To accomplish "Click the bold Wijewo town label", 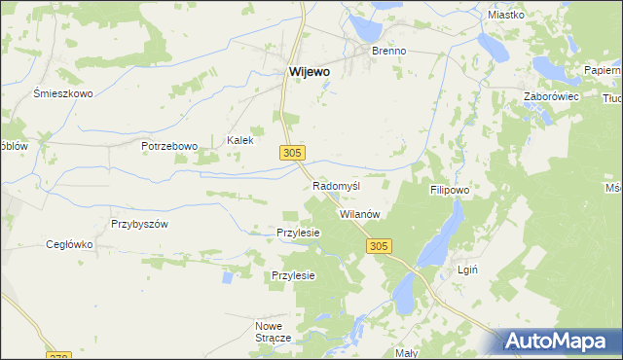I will coord(310,71).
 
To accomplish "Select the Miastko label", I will coord(506,15).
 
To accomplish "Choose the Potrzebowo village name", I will coord(168,146).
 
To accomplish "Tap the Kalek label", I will coord(240,140).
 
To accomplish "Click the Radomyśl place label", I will coord(337,186).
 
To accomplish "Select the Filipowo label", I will coord(450,191).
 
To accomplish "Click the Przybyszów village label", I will coord(140,223).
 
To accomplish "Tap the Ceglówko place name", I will coord(69,245).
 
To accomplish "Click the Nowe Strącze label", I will coord(274,331).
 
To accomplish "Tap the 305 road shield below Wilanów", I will coord(380,247).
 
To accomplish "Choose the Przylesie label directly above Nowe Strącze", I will coord(293,276).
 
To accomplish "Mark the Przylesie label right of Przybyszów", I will coord(299,234).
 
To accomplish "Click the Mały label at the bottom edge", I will coord(407,352).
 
